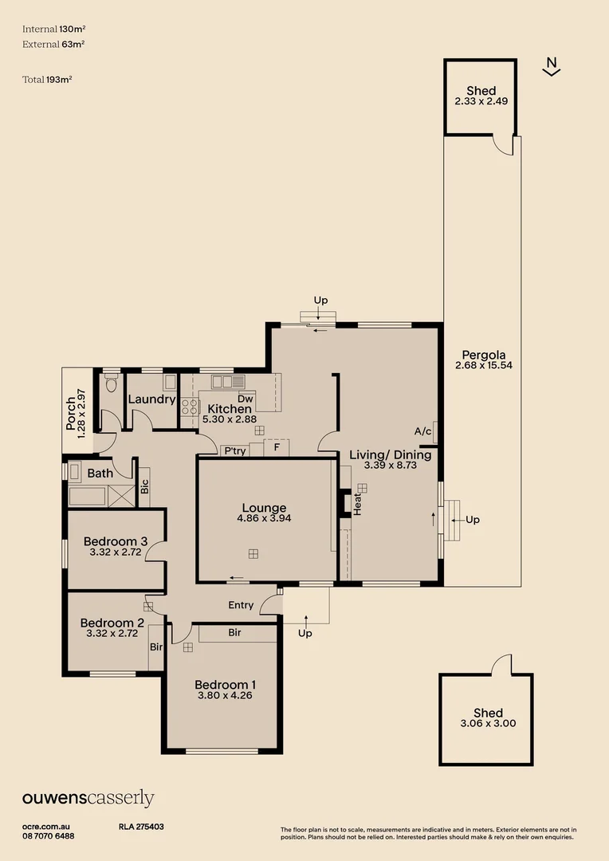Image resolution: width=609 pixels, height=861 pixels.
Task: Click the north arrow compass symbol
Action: (551, 67)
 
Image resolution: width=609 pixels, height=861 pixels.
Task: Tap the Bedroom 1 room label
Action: (226, 684)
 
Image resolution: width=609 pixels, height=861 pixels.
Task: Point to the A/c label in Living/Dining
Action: (422, 431)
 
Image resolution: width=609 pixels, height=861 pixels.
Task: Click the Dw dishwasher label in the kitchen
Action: (246, 399)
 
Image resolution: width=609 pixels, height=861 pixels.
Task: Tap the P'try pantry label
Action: (234, 450)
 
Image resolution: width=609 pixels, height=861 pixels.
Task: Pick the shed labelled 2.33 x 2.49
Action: (481, 96)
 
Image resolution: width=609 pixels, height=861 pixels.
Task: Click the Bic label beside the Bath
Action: (144, 486)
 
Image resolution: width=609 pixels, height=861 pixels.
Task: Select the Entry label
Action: (241, 605)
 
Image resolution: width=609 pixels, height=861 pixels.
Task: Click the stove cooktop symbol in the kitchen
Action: (189, 407)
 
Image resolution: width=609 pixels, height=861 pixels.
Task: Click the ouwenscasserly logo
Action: (88, 798)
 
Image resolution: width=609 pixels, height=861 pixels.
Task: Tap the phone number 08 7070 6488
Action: (49, 835)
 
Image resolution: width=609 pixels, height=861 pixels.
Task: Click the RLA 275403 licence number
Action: (141, 828)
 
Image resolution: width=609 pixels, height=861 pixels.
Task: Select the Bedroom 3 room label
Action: (116, 542)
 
